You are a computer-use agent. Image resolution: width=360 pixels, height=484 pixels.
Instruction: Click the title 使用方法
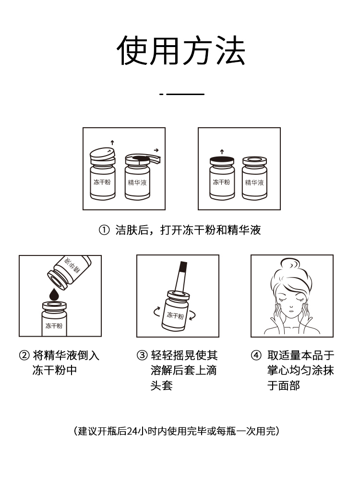(x=181, y=50)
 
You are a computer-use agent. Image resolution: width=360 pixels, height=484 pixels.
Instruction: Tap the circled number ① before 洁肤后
(x=104, y=230)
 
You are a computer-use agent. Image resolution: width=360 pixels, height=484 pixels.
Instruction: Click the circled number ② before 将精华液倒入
(x=24, y=355)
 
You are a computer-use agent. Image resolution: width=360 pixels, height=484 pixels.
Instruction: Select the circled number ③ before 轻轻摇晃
(x=142, y=355)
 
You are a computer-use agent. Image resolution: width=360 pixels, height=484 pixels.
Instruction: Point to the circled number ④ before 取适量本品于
(x=256, y=355)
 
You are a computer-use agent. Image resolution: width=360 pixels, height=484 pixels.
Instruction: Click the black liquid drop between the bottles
(x=54, y=294)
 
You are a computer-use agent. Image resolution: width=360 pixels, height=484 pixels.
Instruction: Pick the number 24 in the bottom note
(x=132, y=431)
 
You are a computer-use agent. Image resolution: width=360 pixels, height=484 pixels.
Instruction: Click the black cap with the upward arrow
(x=222, y=160)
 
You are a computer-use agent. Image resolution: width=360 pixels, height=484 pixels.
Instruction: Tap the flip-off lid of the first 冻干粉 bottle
(x=102, y=154)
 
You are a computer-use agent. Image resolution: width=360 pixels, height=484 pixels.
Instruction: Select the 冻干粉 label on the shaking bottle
(x=175, y=315)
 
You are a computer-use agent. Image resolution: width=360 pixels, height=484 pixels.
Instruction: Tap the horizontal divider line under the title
(x=182, y=94)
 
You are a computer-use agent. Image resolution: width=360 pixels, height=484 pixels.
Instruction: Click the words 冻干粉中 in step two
(x=55, y=370)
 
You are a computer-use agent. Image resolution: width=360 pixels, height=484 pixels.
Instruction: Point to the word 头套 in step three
(x=162, y=385)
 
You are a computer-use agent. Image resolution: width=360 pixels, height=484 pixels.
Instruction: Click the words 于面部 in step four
(x=284, y=385)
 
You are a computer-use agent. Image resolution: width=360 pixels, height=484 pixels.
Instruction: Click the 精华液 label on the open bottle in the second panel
(x=254, y=182)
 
